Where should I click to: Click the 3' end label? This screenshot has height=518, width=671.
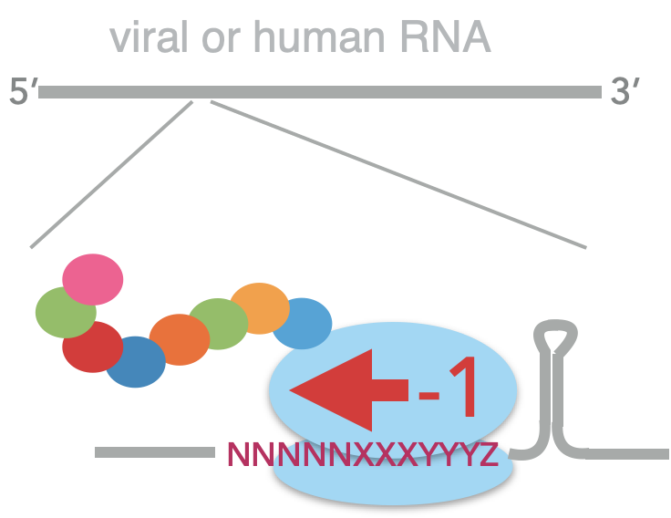point(624,93)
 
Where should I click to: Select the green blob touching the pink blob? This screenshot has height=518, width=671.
point(60,312)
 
